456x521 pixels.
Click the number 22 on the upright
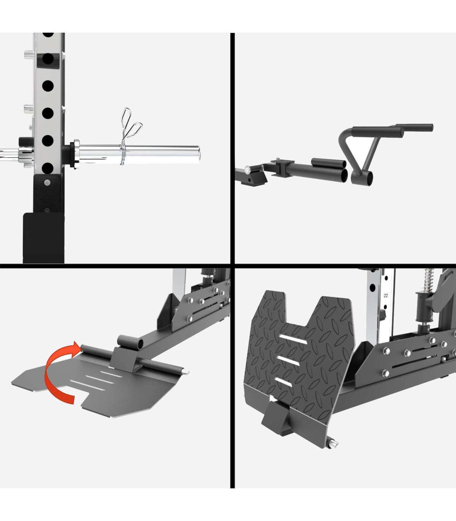(385, 296)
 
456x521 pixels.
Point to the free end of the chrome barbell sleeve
(199, 154)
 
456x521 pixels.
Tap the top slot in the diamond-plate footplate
(293, 339)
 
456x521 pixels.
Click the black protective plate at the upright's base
(44, 238)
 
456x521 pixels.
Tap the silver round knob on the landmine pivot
(247, 169)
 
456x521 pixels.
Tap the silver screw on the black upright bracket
(47, 183)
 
